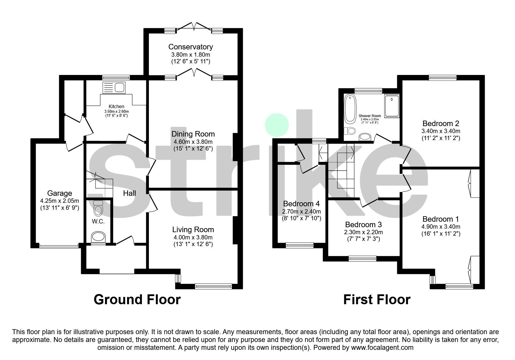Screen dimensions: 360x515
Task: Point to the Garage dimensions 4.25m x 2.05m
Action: (x=60, y=201)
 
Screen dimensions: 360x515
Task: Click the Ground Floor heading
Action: (x=137, y=300)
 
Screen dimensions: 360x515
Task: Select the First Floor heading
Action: (x=377, y=300)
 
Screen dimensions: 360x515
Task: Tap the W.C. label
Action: (x=98, y=222)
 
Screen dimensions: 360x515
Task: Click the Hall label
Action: (x=129, y=193)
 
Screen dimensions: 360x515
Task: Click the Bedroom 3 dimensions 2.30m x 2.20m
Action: (x=363, y=232)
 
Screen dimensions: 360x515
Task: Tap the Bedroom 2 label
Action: (x=441, y=123)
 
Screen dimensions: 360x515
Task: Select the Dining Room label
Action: (x=193, y=134)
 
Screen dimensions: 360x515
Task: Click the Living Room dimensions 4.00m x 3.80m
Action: (x=193, y=237)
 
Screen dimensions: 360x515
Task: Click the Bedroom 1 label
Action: (x=441, y=219)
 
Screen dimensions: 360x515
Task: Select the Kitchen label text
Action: (x=116, y=107)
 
